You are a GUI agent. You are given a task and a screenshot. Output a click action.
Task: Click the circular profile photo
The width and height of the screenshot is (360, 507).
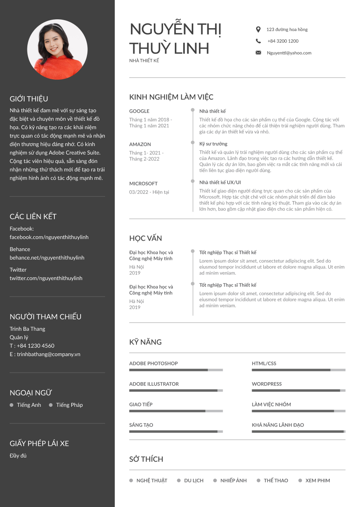click(x=57, y=49)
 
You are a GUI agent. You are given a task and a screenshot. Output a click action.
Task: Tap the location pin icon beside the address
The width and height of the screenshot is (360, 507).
click(x=258, y=29)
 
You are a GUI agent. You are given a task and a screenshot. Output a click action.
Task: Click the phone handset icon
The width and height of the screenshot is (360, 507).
click(x=258, y=41)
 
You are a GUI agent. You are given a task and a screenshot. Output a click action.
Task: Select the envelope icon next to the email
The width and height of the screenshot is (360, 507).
click(x=258, y=53)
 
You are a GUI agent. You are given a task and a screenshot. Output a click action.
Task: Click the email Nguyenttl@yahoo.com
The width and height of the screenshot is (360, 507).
click(x=289, y=53)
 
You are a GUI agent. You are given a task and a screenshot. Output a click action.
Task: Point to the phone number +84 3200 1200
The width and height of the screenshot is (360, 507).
click(x=283, y=41)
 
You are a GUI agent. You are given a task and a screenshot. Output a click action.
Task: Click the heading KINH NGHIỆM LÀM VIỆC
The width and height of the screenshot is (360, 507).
click(x=171, y=97)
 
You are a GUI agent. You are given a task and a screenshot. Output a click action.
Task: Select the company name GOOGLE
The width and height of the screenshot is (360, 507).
click(x=139, y=111)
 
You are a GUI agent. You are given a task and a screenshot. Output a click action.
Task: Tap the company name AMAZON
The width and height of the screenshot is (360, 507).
click(x=140, y=144)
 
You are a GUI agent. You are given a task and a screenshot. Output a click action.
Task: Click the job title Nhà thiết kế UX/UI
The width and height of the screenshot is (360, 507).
click(x=220, y=182)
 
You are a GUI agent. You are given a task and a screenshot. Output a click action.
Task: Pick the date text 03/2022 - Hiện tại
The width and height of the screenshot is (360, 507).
click(x=149, y=192)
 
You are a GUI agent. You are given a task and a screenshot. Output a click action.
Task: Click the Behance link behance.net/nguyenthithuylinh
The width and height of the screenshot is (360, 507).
click(x=47, y=258)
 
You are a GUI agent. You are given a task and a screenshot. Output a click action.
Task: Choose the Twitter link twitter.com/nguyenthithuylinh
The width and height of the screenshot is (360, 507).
click(x=46, y=278)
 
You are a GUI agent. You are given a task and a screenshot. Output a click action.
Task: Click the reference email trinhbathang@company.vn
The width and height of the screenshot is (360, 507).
click(x=48, y=354)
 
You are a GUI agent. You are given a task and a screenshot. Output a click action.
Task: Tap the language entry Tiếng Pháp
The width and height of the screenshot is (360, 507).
click(x=69, y=405)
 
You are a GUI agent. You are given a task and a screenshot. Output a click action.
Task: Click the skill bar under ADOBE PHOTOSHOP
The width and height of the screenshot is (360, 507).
click(x=176, y=370)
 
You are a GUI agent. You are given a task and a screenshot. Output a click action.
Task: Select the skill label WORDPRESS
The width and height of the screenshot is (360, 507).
click(x=267, y=384)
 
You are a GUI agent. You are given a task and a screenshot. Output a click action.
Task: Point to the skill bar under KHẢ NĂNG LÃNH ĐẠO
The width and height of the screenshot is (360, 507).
click(x=298, y=431)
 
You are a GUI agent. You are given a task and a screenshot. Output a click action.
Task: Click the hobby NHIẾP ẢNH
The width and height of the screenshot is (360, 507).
click(x=234, y=480)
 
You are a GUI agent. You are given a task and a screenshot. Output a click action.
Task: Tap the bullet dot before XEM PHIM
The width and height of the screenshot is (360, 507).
click(x=300, y=480)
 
